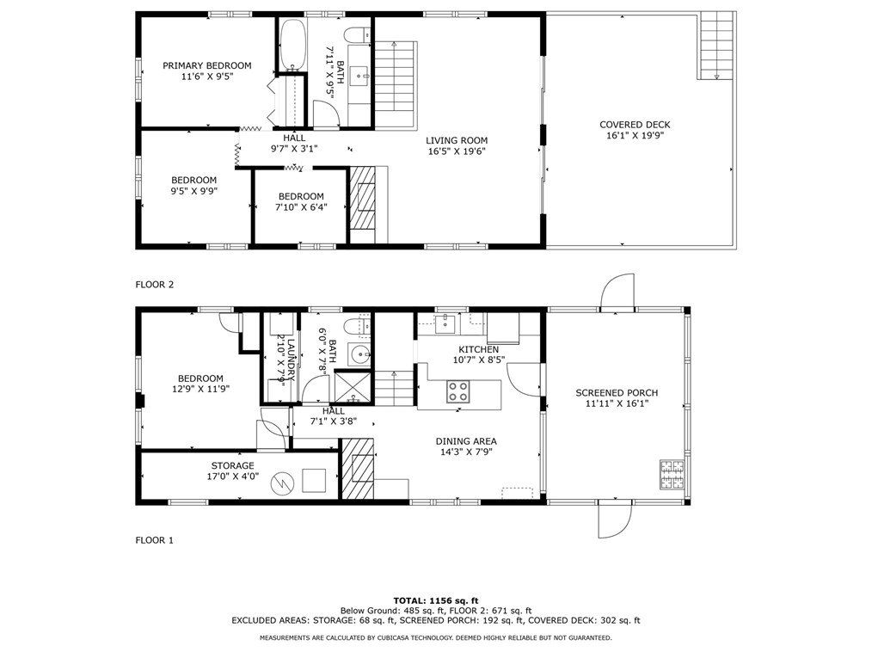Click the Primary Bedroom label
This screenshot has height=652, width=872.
206,65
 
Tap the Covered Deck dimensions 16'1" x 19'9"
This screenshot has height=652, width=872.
635,135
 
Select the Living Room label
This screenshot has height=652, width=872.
456,140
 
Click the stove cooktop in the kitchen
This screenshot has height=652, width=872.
457,392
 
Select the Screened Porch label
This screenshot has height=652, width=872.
617,392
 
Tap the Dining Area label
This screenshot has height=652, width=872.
465,441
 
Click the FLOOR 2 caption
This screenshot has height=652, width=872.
154,284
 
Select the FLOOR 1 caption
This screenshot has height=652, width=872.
154,540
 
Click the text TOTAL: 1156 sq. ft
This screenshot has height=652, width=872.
435,600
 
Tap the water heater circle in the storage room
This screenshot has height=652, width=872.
281,484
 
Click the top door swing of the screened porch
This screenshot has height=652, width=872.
617,292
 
